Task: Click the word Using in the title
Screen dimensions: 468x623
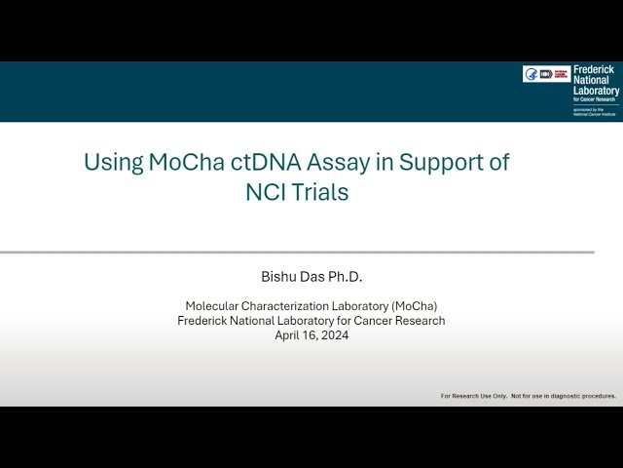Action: pos(113,163)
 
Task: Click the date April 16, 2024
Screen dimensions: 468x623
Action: pos(311,334)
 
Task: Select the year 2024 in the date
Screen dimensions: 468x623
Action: pos(334,334)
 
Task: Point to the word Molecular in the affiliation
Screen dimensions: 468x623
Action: pos(215,305)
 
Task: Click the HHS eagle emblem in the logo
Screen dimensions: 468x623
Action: pos(531,74)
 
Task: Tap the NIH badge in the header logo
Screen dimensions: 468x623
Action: pos(546,74)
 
